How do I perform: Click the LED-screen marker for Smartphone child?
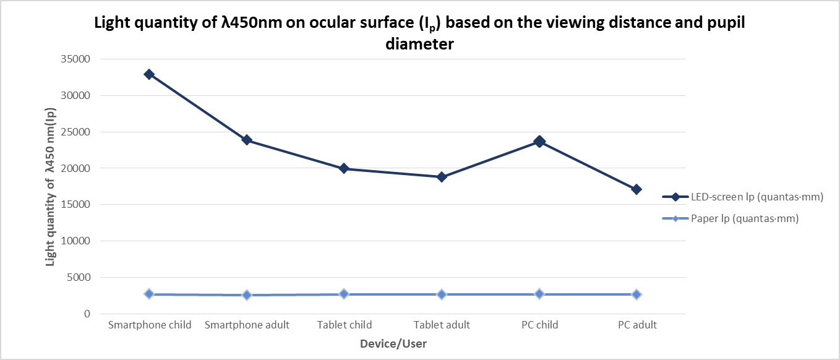tap(149, 74)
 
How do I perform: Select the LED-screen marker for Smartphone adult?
tap(247, 140)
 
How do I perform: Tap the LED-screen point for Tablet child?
tap(345, 168)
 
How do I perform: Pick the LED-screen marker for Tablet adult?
tap(442, 177)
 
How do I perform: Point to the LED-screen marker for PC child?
tap(539, 142)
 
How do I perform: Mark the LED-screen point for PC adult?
tap(636, 189)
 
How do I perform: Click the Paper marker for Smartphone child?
tap(149, 294)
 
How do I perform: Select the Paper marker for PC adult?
tap(636, 294)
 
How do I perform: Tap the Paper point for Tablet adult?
tap(442, 294)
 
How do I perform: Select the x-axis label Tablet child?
tap(345, 325)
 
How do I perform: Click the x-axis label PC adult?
tap(636, 325)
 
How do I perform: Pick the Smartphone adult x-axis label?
tap(247, 325)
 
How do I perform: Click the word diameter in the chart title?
tap(419, 45)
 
